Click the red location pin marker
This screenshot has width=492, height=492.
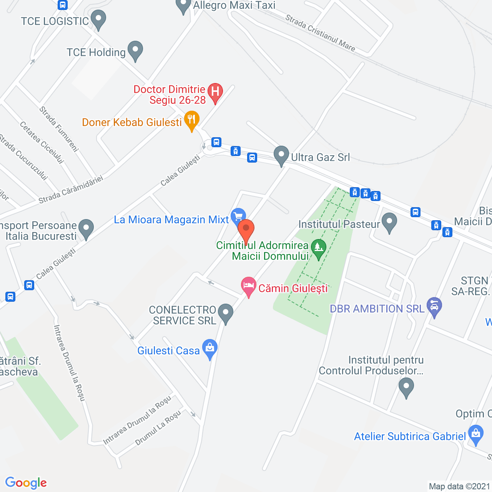point(246,229)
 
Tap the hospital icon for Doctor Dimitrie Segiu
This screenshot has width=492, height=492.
point(215,92)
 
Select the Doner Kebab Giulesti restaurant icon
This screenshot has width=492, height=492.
point(191,120)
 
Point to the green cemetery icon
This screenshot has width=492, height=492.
point(319,248)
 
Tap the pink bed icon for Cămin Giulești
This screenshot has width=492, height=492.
point(249,286)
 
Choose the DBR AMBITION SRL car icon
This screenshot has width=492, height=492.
point(434,306)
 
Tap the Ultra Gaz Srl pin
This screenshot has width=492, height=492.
point(281,155)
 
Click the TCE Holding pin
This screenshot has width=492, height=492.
point(135,50)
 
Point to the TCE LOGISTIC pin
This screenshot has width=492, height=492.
point(99,19)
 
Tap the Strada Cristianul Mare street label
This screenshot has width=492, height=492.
point(320,33)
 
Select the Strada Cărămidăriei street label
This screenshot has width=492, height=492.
point(71,189)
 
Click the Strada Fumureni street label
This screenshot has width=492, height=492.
point(59,129)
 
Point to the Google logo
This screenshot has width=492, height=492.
point(26,483)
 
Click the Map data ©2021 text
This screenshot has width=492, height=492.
point(459,486)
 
